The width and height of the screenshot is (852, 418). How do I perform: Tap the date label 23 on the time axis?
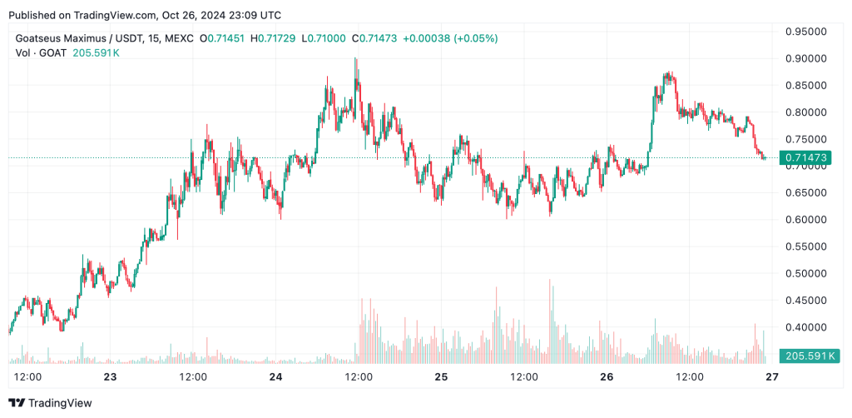[x=110, y=376]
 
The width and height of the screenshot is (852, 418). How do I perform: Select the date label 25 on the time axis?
[x=441, y=376]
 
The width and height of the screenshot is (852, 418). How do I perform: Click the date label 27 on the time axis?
[x=772, y=376]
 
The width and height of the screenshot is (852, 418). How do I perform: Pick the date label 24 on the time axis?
[x=275, y=376]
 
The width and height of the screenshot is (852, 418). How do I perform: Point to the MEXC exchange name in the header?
[x=179, y=38]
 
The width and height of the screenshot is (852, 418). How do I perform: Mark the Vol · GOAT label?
[x=38, y=52]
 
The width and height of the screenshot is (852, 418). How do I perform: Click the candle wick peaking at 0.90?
[x=356, y=61]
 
